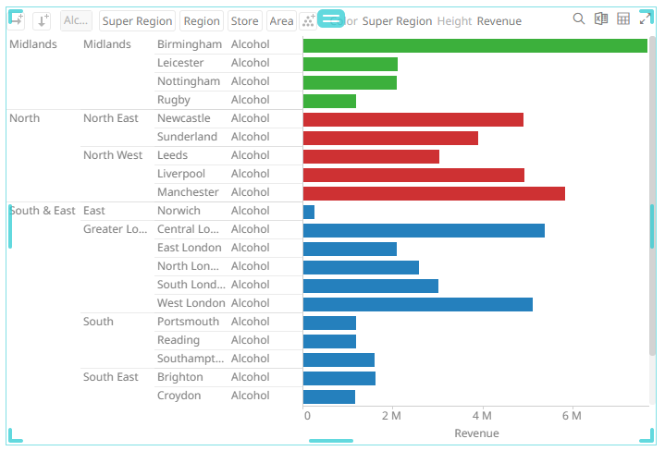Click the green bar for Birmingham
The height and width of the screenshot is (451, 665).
coord(474,45)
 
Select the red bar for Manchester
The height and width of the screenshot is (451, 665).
coord(434,193)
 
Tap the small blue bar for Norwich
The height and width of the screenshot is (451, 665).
coord(309,212)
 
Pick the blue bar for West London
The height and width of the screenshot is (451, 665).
coord(417,304)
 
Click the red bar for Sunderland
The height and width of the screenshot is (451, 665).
coord(390,138)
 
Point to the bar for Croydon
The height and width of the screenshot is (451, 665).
coord(329,396)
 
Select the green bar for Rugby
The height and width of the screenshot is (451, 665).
coord(329,101)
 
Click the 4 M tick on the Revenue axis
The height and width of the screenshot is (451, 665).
coord(481,416)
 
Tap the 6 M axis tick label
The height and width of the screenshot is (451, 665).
coord(571,416)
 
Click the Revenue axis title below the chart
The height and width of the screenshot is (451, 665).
coord(476,433)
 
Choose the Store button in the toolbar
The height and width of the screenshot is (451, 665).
coord(244,21)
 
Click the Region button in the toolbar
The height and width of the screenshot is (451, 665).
coord(201,21)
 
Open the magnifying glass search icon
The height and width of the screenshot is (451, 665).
coord(579,19)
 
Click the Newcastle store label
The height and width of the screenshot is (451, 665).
coord(183,118)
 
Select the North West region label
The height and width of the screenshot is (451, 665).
coord(113,155)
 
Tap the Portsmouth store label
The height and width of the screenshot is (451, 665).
coord(188,322)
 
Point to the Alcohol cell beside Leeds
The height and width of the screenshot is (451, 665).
coord(250,155)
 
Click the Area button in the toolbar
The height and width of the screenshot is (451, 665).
coord(281,21)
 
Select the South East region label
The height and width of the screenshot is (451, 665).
coord(111,377)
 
